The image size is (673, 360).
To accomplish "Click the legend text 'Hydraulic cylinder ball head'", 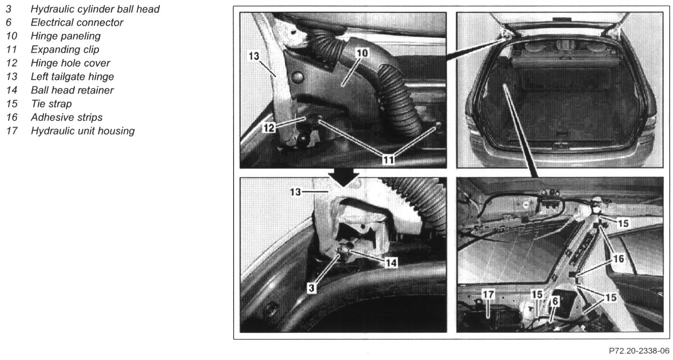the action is pyautogui.click(x=95, y=9).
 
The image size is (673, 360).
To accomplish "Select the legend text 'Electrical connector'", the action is pyautogui.click(x=77, y=23).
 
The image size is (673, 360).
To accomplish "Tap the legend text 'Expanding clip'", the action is pyautogui.click(x=65, y=49).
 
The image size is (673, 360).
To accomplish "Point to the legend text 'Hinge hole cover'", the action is pyautogui.click(x=70, y=63).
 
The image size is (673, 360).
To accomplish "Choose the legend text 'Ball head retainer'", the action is pyautogui.click(x=72, y=90).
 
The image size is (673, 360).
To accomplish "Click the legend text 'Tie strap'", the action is pyautogui.click(x=51, y=104).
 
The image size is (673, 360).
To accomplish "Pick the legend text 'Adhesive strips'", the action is pyautogui.click(x=66, y=117).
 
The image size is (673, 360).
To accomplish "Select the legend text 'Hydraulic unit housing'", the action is pyautogui.click(x=82, y=131).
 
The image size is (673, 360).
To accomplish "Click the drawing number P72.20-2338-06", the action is pyautogui.click(x=639, y=351).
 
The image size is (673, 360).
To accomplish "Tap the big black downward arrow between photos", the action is pyautogui.click(x=343, y=177).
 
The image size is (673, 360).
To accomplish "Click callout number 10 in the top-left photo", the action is pyautogui.click(x=362, y=53).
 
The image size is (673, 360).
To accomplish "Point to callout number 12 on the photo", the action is pyautogui.click(x=269, y=128).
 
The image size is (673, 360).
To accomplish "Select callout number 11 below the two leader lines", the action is pyautogui.click(x=388, y=160).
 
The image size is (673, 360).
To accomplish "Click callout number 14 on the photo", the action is pyautogui.click(x=391, y=263).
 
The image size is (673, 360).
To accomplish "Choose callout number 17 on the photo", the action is pyautogui.click(x=488, y=294).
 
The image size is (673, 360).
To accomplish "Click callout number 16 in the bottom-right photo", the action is pyautogui.click(x=619, y=258).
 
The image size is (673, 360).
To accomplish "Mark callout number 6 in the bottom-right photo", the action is pyautogui.click(x=555, y=301).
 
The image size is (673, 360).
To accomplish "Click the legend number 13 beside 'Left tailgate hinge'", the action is pyautogui.click(x=12, y=77).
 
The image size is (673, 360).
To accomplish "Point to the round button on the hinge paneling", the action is pyautogui.click(x=297, y=78).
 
